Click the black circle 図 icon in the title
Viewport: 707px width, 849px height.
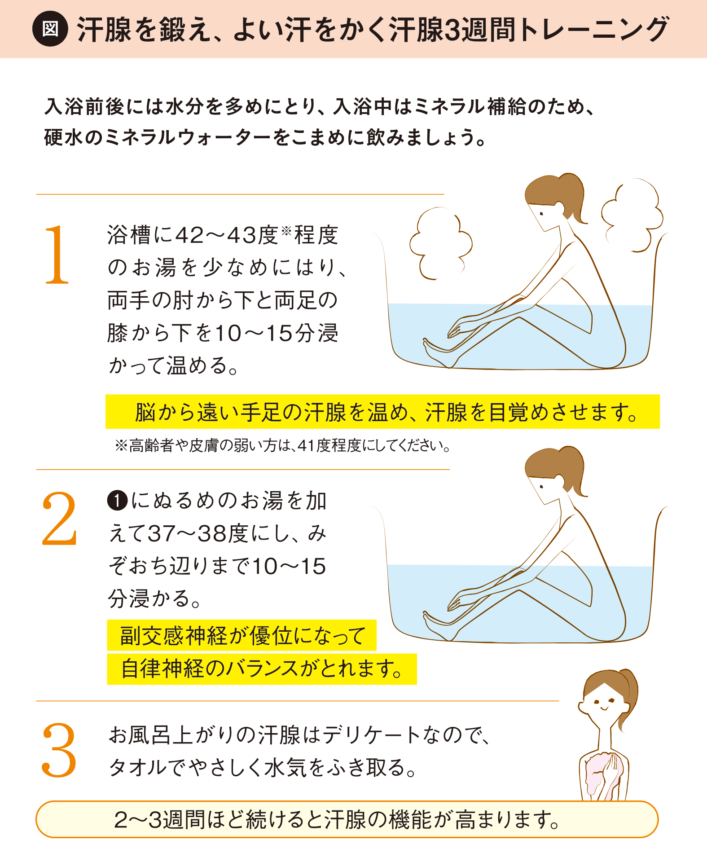pyautogui.click(x=50, y=29)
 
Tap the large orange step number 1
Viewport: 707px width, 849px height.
pyautogui.click(x=57, y=255)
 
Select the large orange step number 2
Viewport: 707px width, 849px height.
pyautogui.click(x=59, y=519)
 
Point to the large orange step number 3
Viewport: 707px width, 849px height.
pyautogui.click(x=59, y=749)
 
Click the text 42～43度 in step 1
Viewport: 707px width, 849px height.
pyautogui.click(x=226, y=235)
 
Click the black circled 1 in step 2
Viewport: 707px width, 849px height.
pyautogui.click(x=118, y=501)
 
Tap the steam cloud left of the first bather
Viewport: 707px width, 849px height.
pyautogui.click(x=440, y=243)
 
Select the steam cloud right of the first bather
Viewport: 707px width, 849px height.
pyautogui.click(x=631, y=215)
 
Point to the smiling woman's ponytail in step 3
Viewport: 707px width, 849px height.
pyautogui.click(x=627, y=696)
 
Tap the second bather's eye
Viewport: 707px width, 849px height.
pyautogui.click(x=542, y=487)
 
